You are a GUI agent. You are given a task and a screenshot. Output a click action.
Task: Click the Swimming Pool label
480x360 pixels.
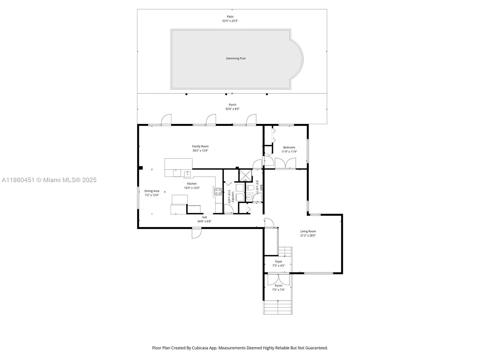235,58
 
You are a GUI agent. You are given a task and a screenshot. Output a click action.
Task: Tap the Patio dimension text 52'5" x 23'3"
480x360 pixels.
230,21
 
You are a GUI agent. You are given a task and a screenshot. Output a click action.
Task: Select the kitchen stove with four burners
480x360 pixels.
218,191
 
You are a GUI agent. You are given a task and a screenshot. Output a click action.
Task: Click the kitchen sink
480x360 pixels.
187,174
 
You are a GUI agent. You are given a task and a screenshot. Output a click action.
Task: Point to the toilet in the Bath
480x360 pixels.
250,188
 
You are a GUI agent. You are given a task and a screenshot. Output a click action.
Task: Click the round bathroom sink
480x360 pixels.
249,197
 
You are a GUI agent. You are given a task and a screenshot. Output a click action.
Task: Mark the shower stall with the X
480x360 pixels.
245,175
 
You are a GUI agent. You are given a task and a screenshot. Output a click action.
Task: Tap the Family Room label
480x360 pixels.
200,146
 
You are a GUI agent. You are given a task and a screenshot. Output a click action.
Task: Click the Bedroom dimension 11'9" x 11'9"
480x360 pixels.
289,152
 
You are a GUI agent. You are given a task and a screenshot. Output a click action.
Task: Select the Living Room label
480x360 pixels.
308,231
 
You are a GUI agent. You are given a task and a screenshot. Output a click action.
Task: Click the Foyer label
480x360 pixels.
278,262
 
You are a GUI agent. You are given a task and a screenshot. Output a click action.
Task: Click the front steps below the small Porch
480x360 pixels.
278,307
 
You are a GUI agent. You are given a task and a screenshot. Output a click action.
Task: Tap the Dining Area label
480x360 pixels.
152,191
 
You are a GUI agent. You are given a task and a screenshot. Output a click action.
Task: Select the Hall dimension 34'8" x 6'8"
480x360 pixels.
204,221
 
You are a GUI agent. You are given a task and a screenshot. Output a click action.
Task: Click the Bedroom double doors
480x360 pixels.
285,163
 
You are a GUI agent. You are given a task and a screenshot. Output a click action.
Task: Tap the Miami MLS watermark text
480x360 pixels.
49,180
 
